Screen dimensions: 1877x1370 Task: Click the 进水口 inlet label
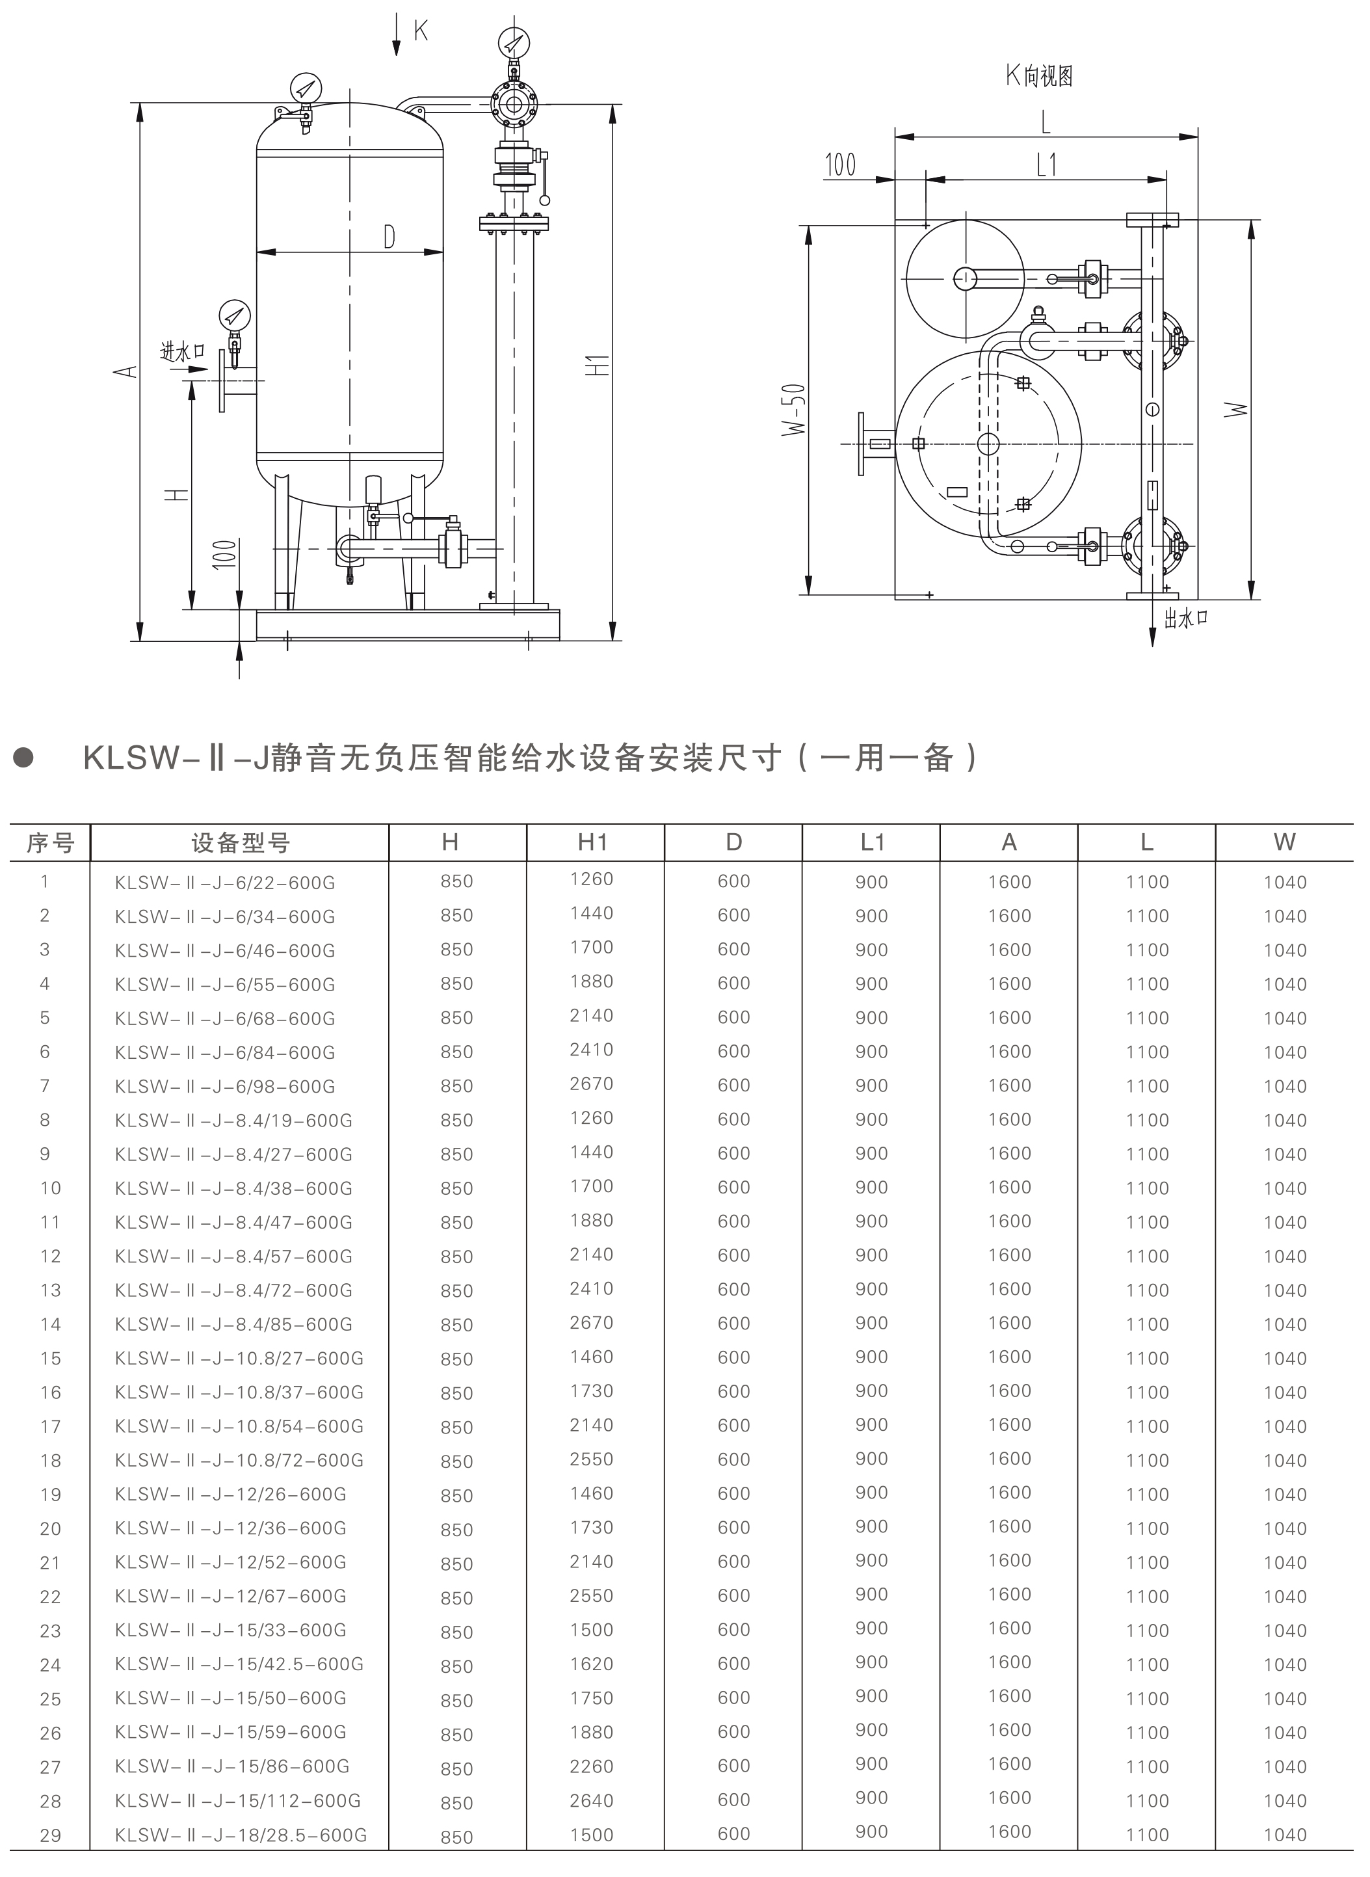pos(183,352)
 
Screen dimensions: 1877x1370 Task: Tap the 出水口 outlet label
pos(1186,618)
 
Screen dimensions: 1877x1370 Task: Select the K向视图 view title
pos(1039,76)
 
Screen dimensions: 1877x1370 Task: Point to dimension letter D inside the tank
pos(389,237)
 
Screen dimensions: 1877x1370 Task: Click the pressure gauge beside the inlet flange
pos(235,316)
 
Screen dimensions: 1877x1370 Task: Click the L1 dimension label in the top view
pos(1047,165)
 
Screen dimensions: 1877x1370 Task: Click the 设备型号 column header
pos(240,844)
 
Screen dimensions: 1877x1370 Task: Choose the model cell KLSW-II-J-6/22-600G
pos(225,883)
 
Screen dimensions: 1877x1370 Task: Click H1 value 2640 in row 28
pos(591,1801)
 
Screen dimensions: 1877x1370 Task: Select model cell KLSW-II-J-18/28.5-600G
pos(241,1835)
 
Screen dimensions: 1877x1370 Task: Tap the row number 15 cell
pos(51,1359)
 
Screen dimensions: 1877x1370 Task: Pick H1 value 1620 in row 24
pos(591,1664)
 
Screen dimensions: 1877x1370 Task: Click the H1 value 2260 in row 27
pos(591,1766)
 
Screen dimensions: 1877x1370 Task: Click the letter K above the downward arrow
pos(421,31)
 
